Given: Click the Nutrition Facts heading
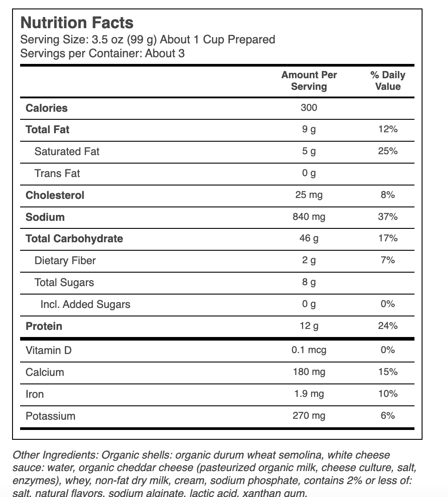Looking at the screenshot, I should pos(77,23).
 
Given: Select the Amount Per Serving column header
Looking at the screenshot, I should pos(309,80).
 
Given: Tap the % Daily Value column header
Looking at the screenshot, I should pos(388,80).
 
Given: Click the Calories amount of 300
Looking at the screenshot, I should pos(309,108).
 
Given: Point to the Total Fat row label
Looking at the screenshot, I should pos(47,130).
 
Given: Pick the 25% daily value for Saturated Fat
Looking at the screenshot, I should pos(388,151).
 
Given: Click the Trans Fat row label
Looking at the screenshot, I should pos(57,173).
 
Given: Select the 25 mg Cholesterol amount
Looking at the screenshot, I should pos(309,195).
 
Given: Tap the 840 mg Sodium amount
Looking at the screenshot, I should pos(309,217).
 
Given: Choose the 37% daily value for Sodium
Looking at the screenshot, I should pos(388,217).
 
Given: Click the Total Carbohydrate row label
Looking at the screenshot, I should pos(74,239).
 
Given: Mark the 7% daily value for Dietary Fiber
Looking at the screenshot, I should pos(388,260).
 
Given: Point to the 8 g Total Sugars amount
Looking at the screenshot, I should pos(309,282).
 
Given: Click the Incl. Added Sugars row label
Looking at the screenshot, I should pos(85,304).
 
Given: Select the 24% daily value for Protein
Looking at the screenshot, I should pos(388,326).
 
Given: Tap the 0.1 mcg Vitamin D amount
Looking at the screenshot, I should pos(309,350).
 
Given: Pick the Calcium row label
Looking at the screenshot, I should pos(45,372).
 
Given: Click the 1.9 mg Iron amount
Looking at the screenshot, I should pos(309,394).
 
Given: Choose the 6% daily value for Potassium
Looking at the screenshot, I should pos(388,416).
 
